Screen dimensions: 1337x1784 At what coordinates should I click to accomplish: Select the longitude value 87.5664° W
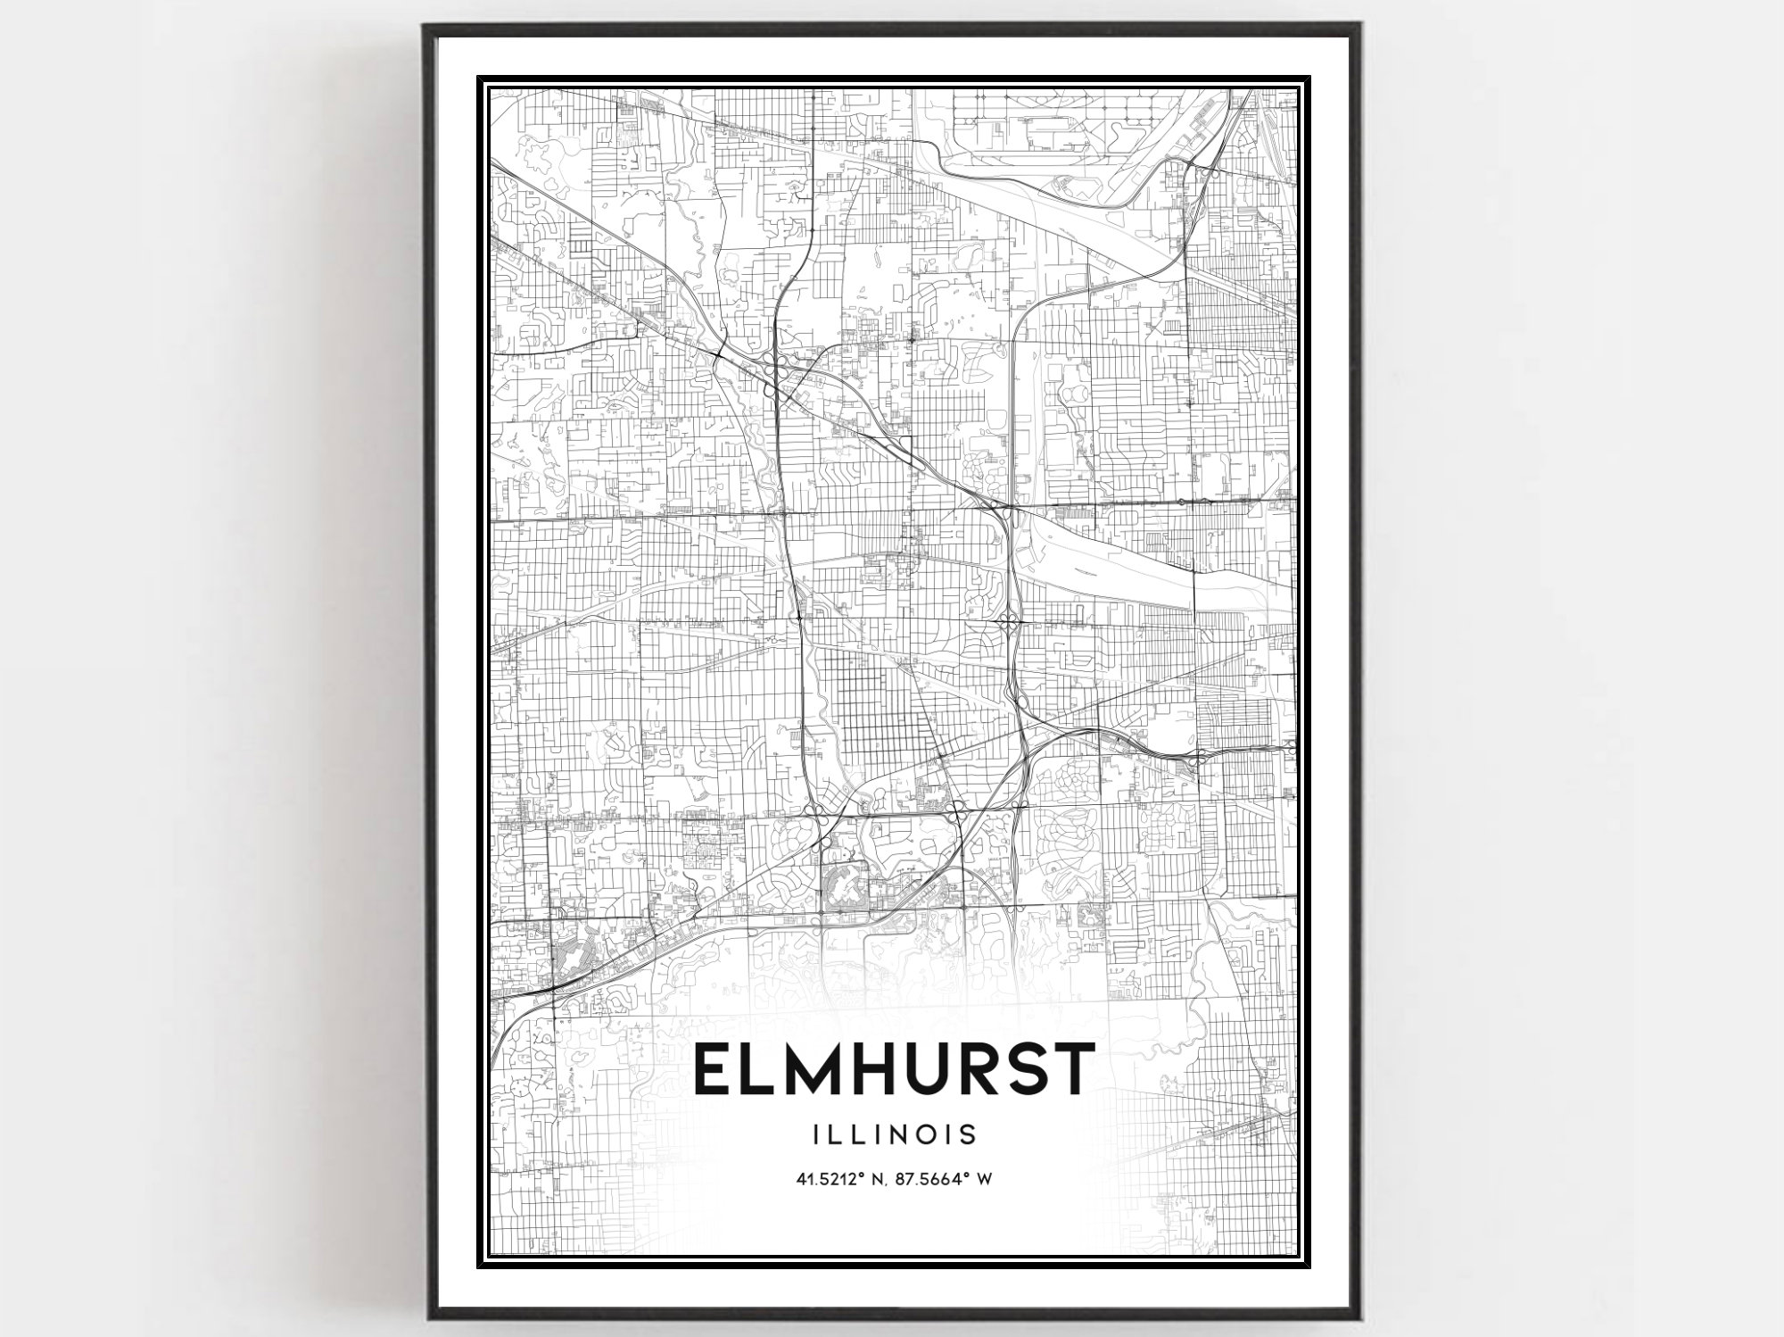(940, 1179)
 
